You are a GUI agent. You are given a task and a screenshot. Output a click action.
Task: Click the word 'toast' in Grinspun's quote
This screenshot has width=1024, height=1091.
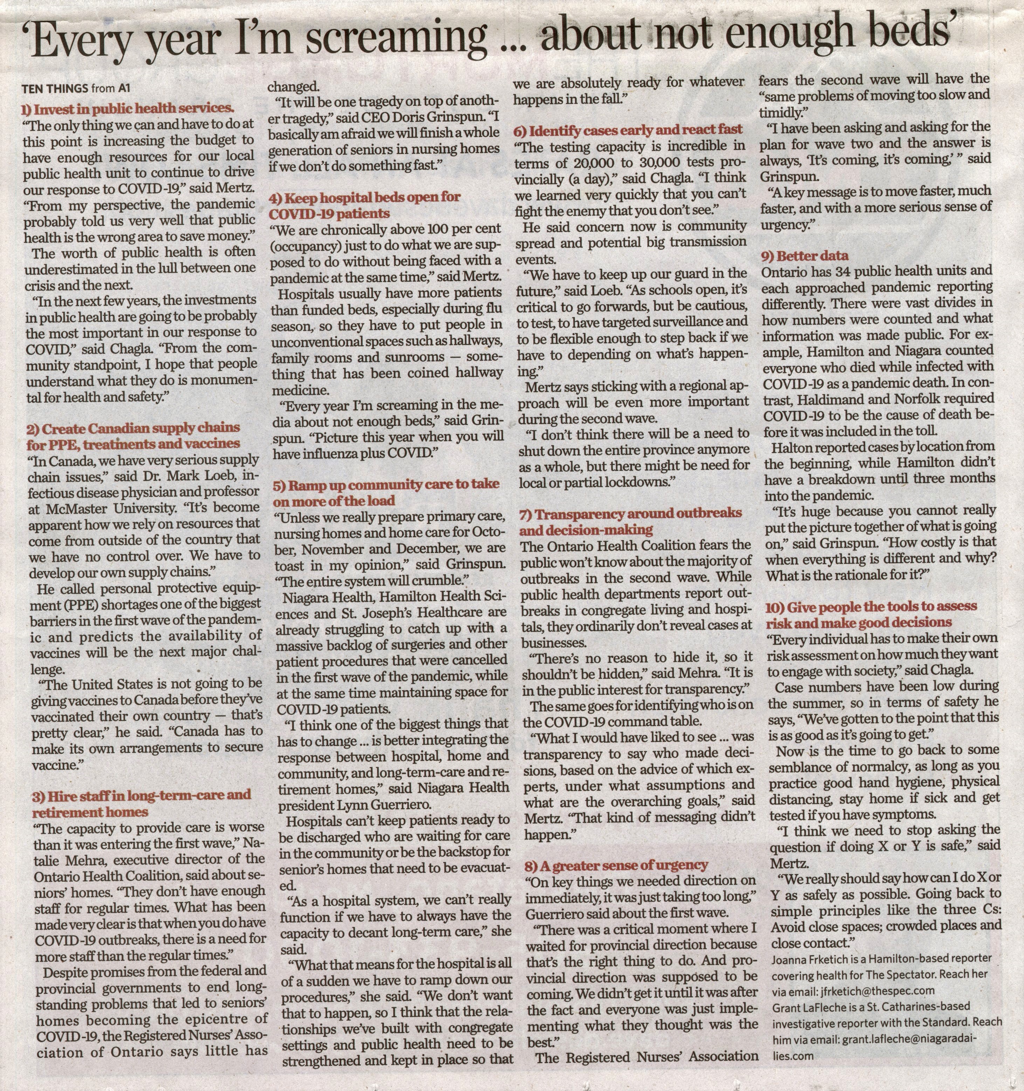pyautogui.click(x=289, y=565)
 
